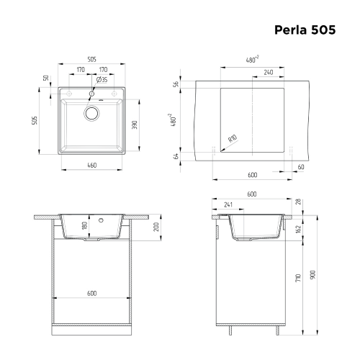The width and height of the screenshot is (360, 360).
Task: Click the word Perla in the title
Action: click(x=292, y=31)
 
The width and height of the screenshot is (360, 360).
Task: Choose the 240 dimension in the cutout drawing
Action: click(x=268, y=72)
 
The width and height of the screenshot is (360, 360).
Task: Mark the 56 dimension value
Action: click(x=176, y=84)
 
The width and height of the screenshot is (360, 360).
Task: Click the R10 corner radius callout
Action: click(x=232, y=140)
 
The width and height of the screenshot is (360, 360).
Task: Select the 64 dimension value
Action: click(x=176, y=155)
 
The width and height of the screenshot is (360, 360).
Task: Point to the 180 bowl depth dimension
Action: click(x=85, y=228)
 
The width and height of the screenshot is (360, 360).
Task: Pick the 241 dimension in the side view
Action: click(x=228, y=204)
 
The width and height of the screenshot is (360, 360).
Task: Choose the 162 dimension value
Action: click(x=298, y=229)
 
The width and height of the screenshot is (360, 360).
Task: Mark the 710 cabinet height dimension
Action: click(x=298, y=278)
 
